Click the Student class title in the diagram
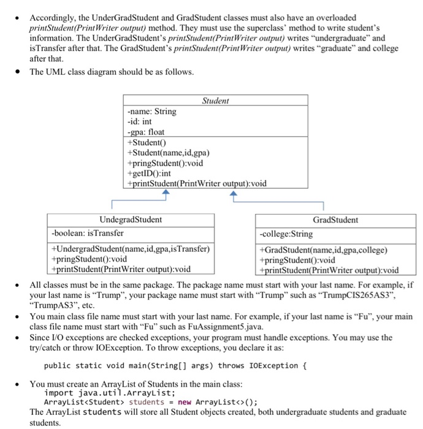coord(215,101)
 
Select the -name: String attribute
coord(151,112)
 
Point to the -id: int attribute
coord(139,121)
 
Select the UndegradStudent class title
coord(131,219)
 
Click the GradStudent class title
coord(335,219)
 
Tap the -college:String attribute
coord(286,233)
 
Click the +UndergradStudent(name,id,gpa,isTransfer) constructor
coord(131,249)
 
